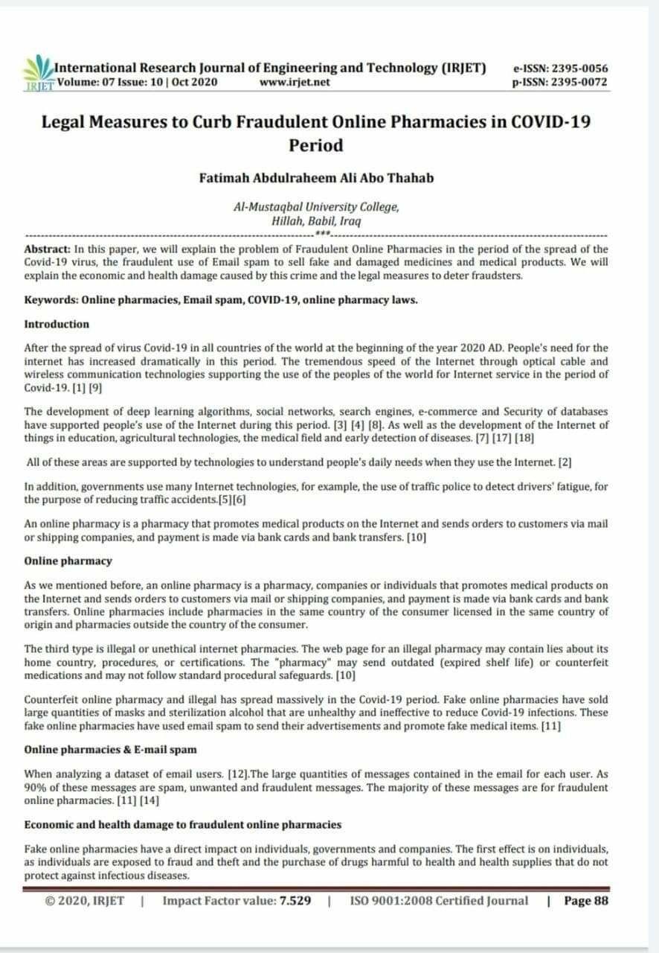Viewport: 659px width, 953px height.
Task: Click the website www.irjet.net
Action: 295,82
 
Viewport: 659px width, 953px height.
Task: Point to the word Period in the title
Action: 316,145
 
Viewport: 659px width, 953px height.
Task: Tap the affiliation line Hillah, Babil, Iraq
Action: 316,221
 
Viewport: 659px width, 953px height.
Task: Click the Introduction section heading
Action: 57,325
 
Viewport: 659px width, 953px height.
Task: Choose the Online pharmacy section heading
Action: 68,561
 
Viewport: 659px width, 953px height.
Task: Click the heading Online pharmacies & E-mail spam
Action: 110,749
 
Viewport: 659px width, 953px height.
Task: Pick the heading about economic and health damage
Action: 183,824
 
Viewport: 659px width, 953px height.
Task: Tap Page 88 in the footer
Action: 588,901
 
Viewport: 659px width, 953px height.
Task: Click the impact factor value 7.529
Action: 295,901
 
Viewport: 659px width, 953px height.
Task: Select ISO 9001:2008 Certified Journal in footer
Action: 439,901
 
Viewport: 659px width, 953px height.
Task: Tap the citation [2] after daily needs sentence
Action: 565,462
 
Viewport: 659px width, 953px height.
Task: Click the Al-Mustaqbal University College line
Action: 316,207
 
